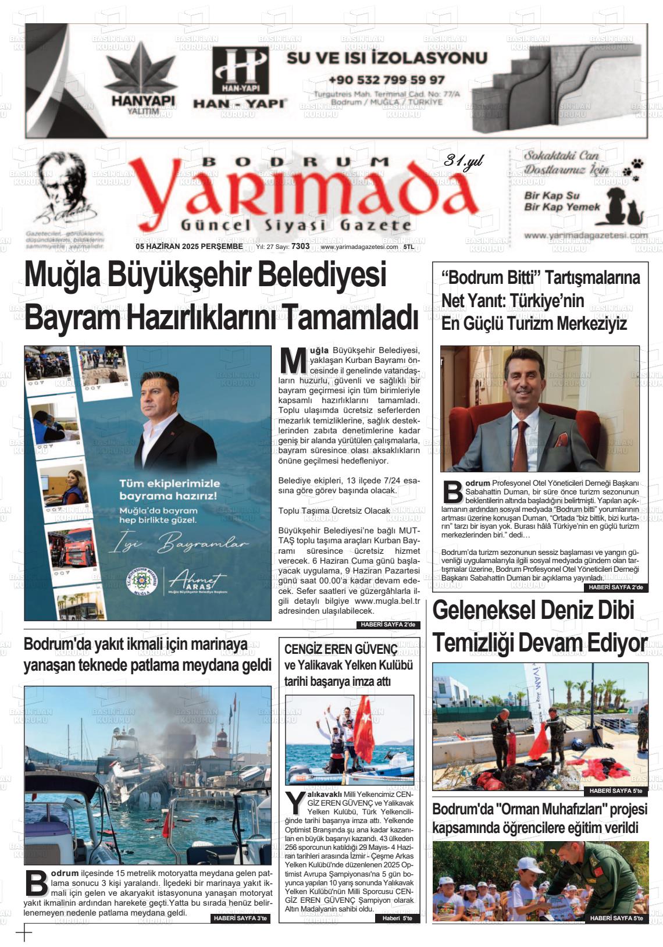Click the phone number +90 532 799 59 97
pos(386,80)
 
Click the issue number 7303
pos(301,247)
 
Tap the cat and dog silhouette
pos(623,208)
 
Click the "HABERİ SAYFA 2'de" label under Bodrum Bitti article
pos(615,588)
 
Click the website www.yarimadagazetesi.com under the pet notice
pos(585,236)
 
